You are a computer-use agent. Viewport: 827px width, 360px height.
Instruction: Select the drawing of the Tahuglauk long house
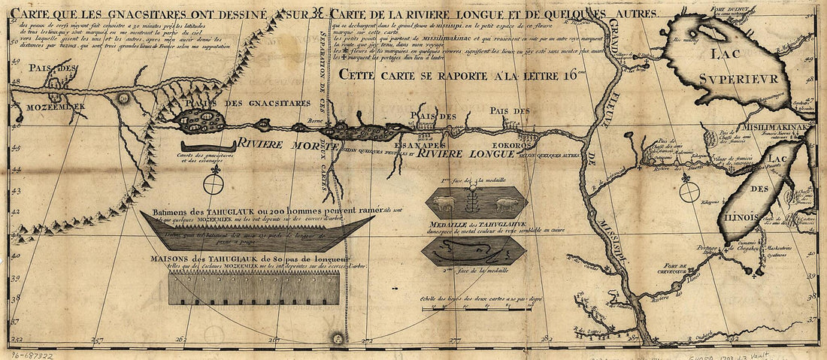tap(254, 288)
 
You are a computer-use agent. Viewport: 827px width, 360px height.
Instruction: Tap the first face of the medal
tap(476, 203)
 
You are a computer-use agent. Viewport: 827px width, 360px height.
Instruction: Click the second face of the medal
tap(474, 252)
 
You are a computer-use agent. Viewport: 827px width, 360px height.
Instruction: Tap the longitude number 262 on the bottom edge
tap(180, 339)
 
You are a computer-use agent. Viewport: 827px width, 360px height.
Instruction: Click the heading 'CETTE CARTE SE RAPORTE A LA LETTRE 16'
tap(461, 74)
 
